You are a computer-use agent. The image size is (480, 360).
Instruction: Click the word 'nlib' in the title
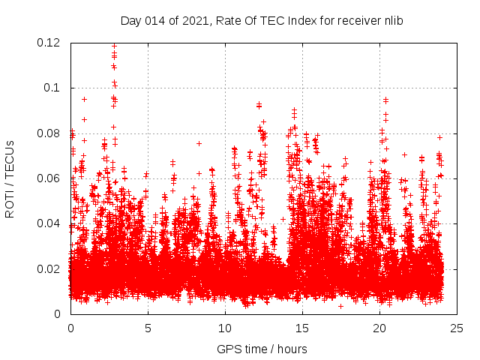(x=391, y=21)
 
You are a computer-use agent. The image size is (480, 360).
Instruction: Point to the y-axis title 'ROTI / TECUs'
(x=10, y=178)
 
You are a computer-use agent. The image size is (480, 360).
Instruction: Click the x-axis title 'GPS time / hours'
(x=262, y=349)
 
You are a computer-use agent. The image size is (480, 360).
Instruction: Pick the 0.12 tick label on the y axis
(x=51, y=43)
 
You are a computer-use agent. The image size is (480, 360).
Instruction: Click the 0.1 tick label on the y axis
(x=54, y=88)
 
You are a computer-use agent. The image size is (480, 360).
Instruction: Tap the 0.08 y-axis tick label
(x=51, y=133)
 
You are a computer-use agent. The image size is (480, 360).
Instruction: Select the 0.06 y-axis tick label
(x=51, y=178)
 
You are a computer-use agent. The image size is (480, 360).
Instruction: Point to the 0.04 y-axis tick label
(x=51, y=223)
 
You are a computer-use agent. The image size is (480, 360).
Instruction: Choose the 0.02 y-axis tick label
(x=51, y=268)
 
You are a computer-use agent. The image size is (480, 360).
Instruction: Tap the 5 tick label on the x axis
(x=148, y=328)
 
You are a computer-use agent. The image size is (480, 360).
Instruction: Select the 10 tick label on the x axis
(x=225, y=328)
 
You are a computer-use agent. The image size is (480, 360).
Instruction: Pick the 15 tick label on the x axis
(x=302, y=328)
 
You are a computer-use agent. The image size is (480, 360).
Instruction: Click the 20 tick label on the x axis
(x=379, y=328)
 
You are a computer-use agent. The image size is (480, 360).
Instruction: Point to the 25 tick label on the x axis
(x=457, y=328)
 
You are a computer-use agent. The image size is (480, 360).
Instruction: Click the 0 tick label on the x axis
(x=70, y=328)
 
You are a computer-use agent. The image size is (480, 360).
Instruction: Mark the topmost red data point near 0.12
(x=114, y=45)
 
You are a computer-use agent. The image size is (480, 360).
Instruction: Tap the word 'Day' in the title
(x=130, y=21)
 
